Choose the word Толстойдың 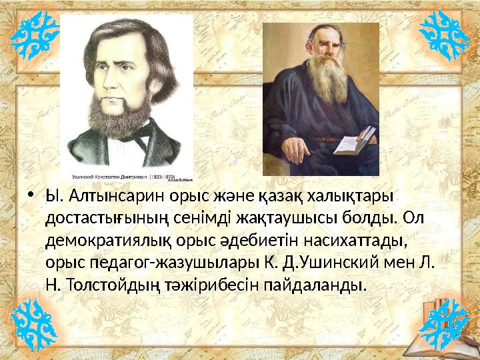coord(113,285)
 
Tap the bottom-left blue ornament coord(35,325)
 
